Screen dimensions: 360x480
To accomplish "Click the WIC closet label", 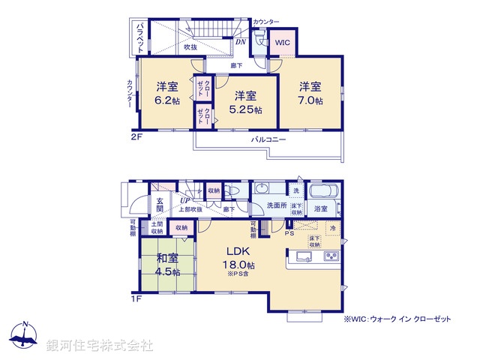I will pos(283,43).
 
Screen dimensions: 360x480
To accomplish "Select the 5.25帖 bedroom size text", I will pos(247,109).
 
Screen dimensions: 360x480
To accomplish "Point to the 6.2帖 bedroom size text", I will pos(166,100).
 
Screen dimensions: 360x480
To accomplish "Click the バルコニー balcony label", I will pos(267,139).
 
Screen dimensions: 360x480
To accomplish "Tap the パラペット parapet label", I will pos(139,37).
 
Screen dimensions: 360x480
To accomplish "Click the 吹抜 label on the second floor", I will pos(190,47).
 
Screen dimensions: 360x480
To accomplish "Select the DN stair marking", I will pos(241,42).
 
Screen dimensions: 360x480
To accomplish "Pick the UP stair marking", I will pos(184,200).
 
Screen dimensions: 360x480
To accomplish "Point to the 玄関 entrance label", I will pos(160,205).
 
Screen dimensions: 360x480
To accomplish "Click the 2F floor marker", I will pos(135,135).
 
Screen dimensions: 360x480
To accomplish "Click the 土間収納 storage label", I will pos(157,228).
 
